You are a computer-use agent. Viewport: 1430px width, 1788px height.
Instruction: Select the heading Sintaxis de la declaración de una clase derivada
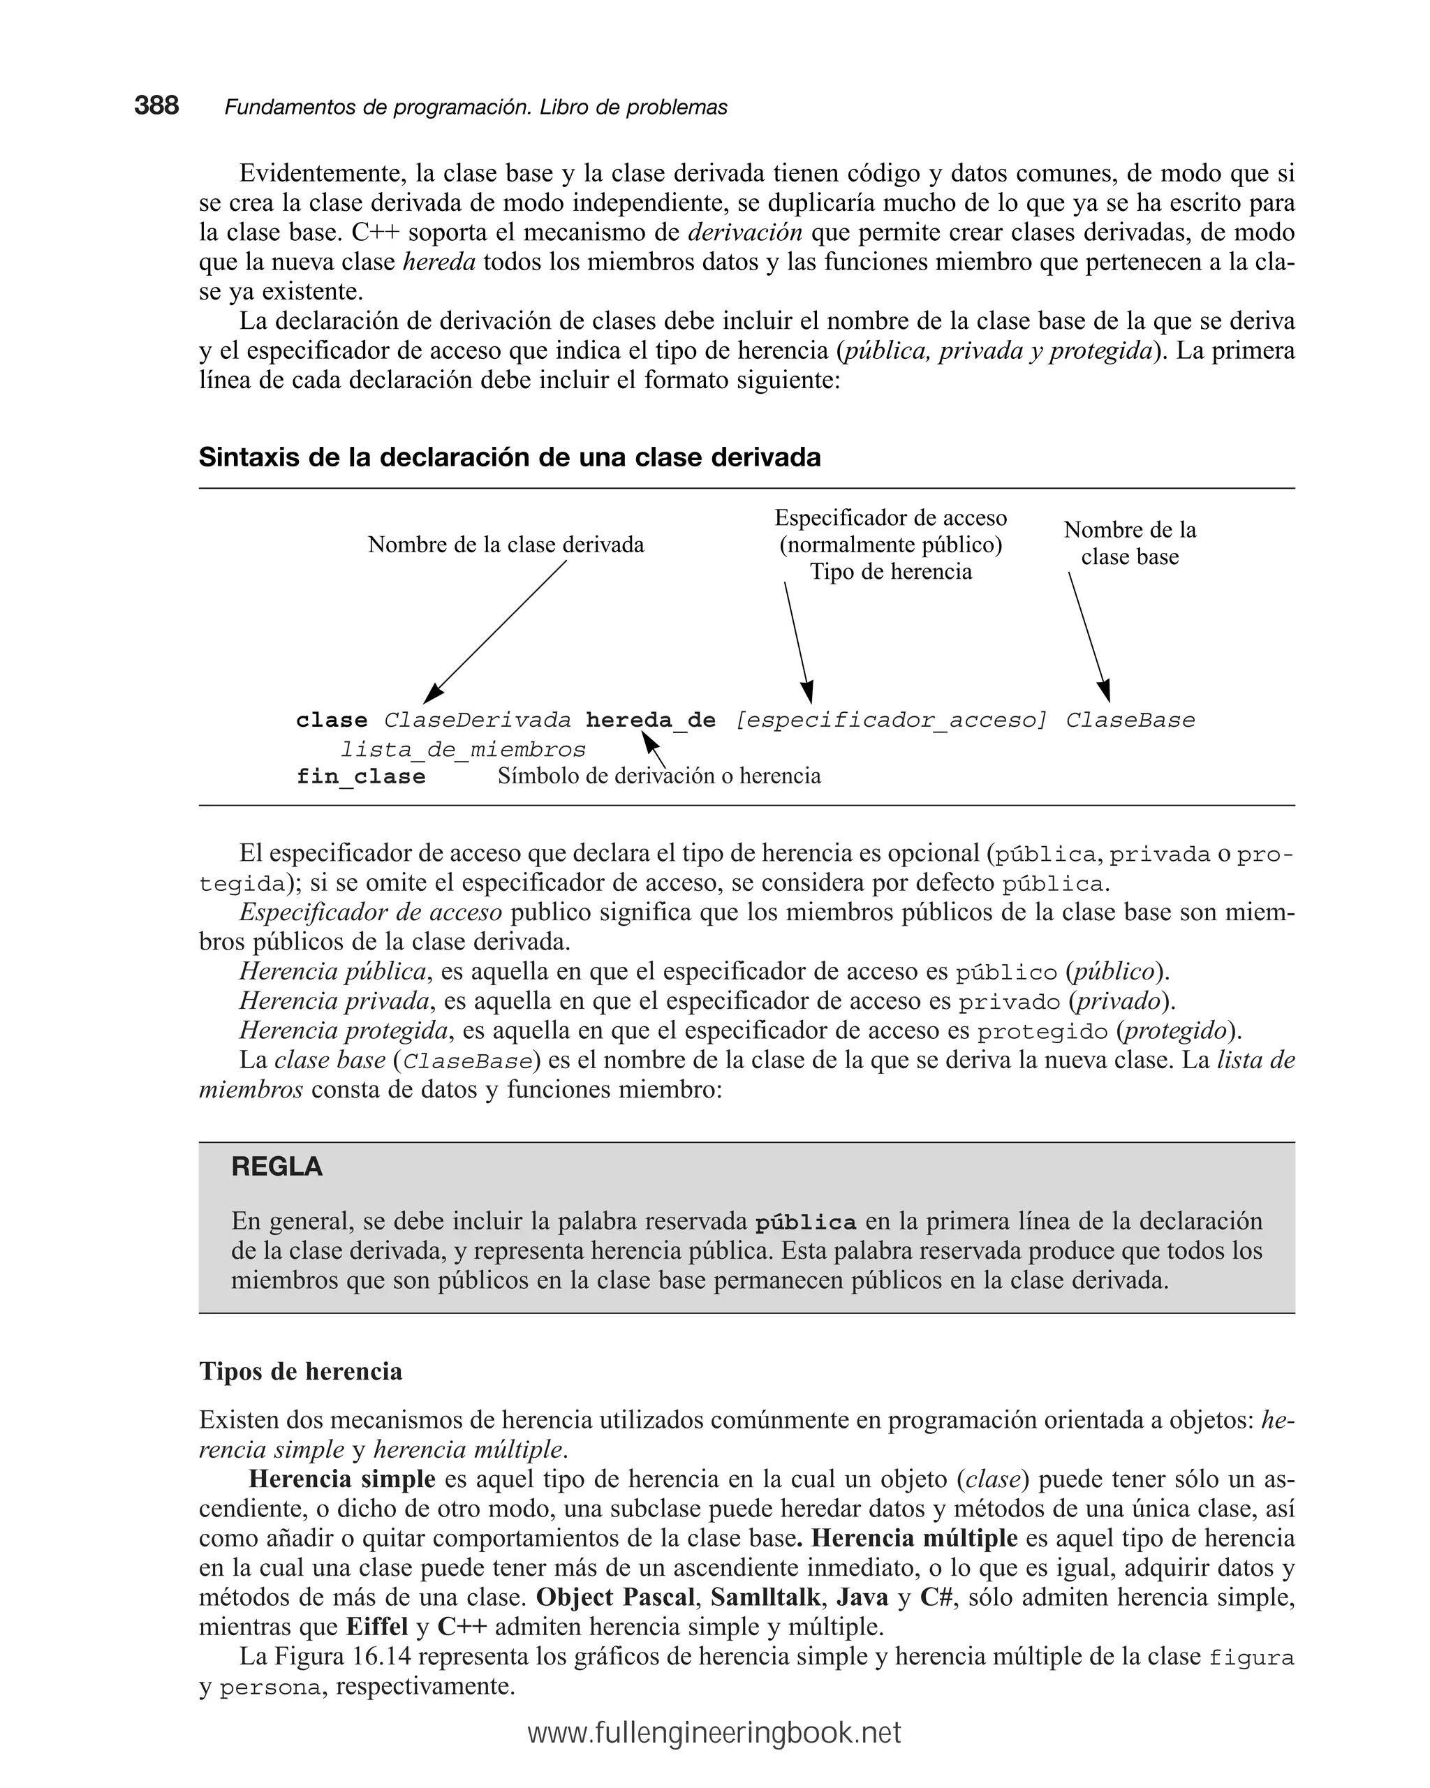(509, 457)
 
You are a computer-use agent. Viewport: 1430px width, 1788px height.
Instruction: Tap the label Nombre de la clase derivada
(506, 545)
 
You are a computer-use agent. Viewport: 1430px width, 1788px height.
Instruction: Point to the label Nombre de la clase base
(1129, 543)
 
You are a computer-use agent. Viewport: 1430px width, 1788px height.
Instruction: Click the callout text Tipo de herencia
(890, 571)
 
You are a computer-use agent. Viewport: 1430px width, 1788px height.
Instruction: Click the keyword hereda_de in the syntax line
(650, 720)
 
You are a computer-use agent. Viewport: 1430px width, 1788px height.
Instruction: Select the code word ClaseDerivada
(477, 720)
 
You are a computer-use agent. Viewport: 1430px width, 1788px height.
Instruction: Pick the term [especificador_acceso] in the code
(891, 720)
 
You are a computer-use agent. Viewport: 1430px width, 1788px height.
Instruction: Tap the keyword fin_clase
(361, 777)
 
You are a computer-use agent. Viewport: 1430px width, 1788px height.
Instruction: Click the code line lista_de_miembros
(463, 750)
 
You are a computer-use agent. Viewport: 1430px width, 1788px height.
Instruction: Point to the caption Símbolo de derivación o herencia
(658, 776)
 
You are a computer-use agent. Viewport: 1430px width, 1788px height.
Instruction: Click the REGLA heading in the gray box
(277, 1167)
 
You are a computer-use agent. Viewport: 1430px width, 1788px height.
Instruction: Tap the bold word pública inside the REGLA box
(805, 1222)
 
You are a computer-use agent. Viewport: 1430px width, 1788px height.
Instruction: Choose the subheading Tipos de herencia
(300, 1371)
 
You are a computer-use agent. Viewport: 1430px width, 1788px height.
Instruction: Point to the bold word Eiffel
(376, 1626)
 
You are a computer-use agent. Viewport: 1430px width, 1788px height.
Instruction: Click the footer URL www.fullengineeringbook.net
(714, 1732)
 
